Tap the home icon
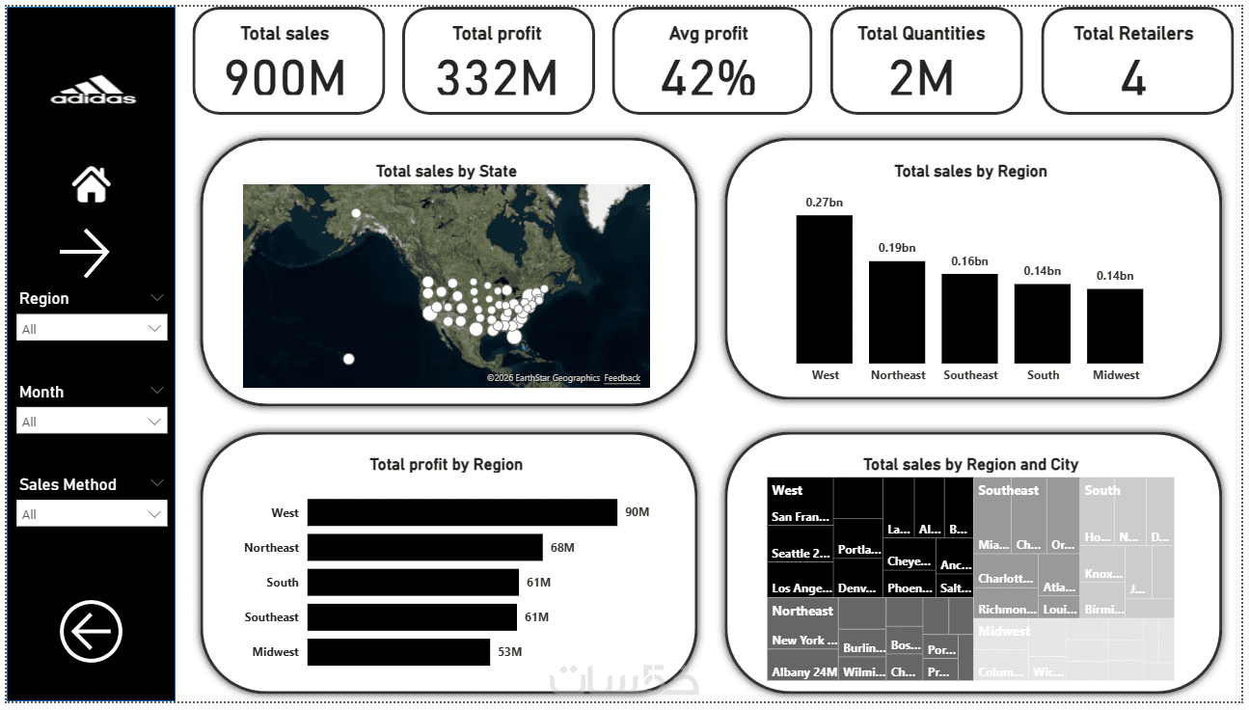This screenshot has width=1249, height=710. point(92,184)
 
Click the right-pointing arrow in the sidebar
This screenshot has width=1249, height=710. point(85,253)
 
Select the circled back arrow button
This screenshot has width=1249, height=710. point(92,633)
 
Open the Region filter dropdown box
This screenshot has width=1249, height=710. point(92,329)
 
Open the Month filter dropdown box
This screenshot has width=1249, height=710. point(92,422)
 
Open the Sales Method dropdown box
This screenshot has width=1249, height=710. point(92,514)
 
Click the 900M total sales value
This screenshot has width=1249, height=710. point(285,78)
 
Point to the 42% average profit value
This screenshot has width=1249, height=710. point(708,78)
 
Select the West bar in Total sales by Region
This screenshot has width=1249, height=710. point(825,288)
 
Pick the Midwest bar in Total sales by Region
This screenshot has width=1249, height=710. point(1115,325)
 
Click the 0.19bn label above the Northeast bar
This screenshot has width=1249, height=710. point(897,248)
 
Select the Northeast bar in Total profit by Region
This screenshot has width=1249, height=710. point(424,548)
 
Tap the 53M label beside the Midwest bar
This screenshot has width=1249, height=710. point(509,652)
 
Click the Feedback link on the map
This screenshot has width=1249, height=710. point(622,378)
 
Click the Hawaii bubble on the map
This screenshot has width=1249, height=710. point(349,359)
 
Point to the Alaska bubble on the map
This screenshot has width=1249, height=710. point(356,213)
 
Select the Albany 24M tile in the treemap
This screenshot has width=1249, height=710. point(803,671)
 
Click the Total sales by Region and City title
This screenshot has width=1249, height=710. point(970,465)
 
